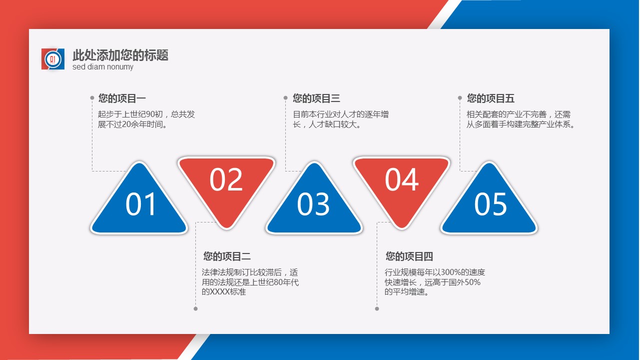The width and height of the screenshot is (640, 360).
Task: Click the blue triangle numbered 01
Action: pos(139,203)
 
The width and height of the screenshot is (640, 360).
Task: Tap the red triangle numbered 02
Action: pos(226,186)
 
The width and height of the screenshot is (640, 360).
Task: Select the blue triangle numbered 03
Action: pos(314,203)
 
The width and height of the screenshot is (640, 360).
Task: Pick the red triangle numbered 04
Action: pos(401,186)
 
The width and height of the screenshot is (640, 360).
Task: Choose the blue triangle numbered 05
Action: pos(489,203)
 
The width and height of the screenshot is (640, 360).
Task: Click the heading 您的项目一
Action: pos(122,98)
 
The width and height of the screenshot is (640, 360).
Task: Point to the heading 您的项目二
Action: pos(227,256)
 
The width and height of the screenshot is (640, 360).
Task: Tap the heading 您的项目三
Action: pos(316,98)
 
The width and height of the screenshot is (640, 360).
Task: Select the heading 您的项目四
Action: pos(409,256)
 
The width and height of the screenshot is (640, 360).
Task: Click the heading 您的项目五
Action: pos(491,98)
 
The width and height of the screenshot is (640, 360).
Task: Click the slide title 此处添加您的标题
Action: pos(120,55)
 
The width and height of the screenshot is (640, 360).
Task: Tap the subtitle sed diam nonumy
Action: pos(103,67)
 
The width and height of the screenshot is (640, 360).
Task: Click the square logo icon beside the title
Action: pos(53,59)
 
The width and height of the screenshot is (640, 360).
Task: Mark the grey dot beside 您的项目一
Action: pos(92,98)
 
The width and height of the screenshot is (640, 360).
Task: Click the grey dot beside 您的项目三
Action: pos(285,98)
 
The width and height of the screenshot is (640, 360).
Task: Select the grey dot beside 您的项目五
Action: pos(460,98)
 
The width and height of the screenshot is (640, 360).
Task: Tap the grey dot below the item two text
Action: pos(196,309)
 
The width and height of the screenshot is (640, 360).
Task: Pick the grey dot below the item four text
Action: pos(377,309)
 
